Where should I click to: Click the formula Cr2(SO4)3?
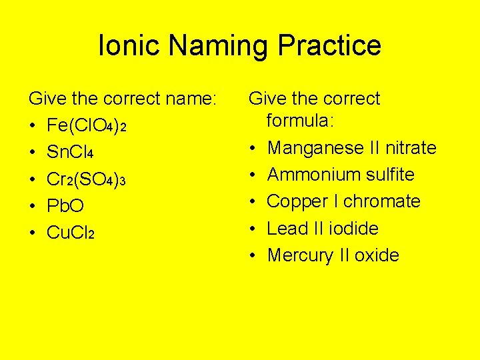(x=86, y=179)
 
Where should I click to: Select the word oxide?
(x=377, y=255)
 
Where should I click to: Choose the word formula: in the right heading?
(x=304, y=121)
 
